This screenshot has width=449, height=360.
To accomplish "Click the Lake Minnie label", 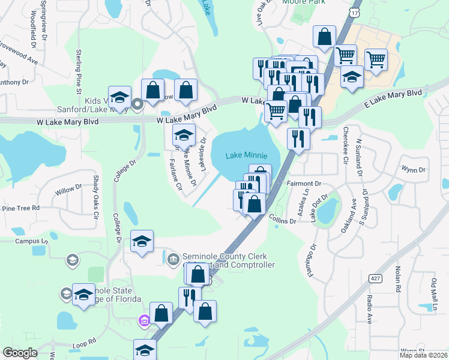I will (247, 155).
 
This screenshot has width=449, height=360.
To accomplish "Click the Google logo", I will (20, 353).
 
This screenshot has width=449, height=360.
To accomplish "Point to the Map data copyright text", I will (424, 355).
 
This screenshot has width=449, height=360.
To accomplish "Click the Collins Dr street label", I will (282, 219).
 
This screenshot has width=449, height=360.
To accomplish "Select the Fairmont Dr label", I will (305, 184).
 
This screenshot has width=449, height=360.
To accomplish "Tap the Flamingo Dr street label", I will (313, 255).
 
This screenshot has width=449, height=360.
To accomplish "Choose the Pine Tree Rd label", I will (20, 208).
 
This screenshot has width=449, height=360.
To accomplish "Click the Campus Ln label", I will (31, 241).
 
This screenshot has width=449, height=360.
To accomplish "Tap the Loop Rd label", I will (84, 343).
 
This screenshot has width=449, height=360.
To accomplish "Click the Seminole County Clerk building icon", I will (173, 259).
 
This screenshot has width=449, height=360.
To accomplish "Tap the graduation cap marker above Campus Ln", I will (142, 242).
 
